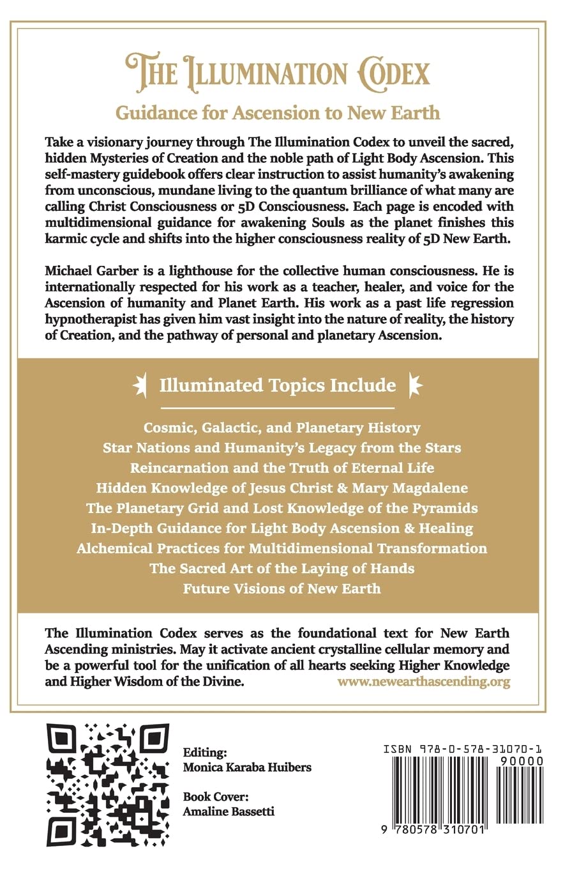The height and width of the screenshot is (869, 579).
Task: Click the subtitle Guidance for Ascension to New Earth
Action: [278, 112]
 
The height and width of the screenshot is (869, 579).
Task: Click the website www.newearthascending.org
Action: [423, 682]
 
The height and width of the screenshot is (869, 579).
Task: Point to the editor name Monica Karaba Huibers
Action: [247, 767]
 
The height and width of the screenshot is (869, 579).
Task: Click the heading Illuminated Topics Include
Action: [278, 385]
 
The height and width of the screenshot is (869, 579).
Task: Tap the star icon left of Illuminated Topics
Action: [140, 385]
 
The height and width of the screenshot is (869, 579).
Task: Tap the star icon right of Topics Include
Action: [416, 385]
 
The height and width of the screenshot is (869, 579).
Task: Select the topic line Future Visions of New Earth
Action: [282, 588]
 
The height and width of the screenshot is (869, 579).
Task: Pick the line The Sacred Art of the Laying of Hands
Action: [282, 568]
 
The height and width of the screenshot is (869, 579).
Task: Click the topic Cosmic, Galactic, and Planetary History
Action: [282, 427]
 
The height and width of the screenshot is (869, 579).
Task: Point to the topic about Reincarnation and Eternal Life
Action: [282, 468]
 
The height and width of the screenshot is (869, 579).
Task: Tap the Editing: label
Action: [204, 752]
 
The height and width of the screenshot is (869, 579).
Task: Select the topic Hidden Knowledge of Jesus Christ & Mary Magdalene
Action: [282, 488]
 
